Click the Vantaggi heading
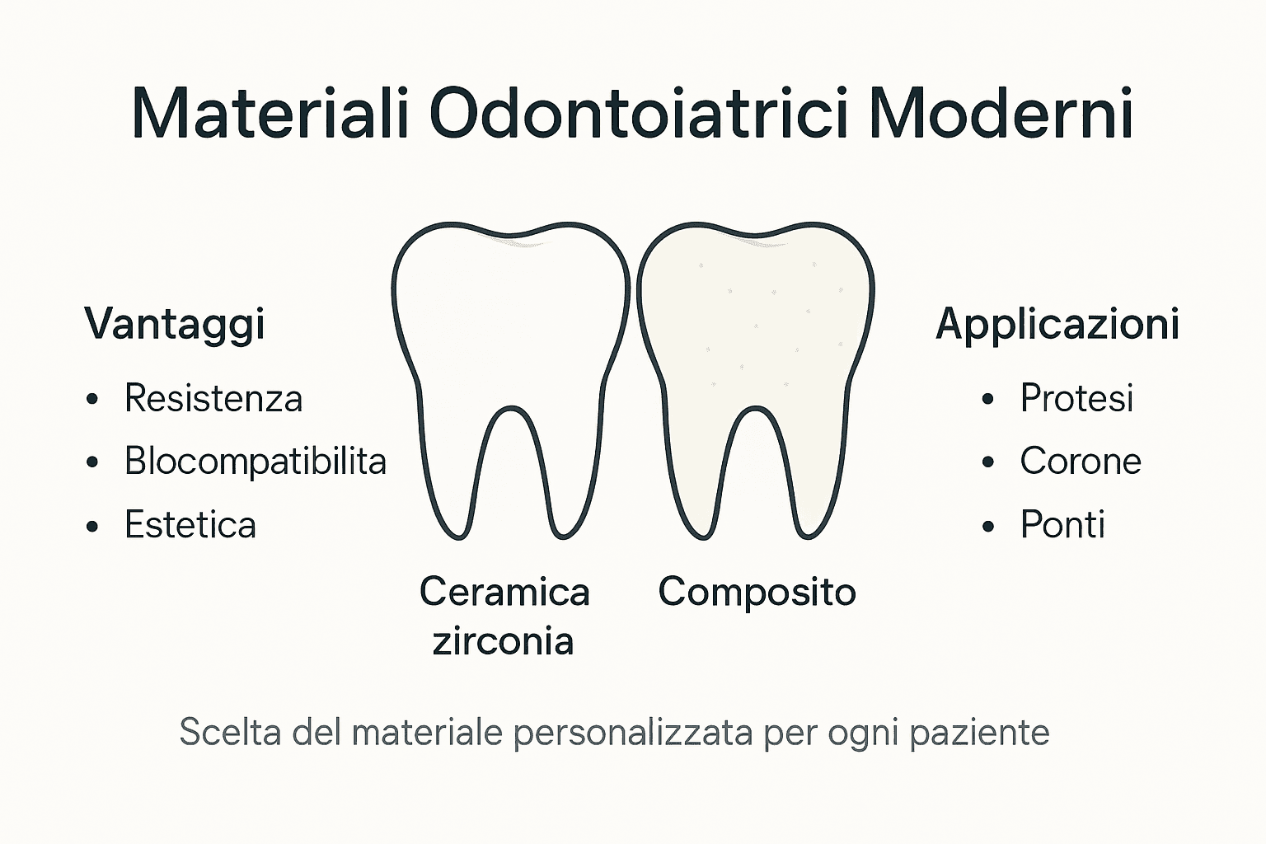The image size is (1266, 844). coord(174,323)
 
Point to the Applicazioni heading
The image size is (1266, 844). coord(1057,323)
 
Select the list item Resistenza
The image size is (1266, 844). coord(213,399)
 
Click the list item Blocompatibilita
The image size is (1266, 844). coord(256,462)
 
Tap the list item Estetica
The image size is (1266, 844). coord(190,525)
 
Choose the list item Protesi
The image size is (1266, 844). coord(1076,399)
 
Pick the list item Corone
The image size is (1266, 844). coord(1081,462)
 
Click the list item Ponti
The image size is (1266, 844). coord(1062,525)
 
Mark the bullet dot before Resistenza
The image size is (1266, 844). coord(93,401)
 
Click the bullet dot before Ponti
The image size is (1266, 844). coord(989,527)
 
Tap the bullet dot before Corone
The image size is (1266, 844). coord(989,463)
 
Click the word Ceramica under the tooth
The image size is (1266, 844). coord(504,592)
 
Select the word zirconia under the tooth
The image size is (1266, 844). coord(503,641)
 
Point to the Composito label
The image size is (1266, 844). coord(757,592)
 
